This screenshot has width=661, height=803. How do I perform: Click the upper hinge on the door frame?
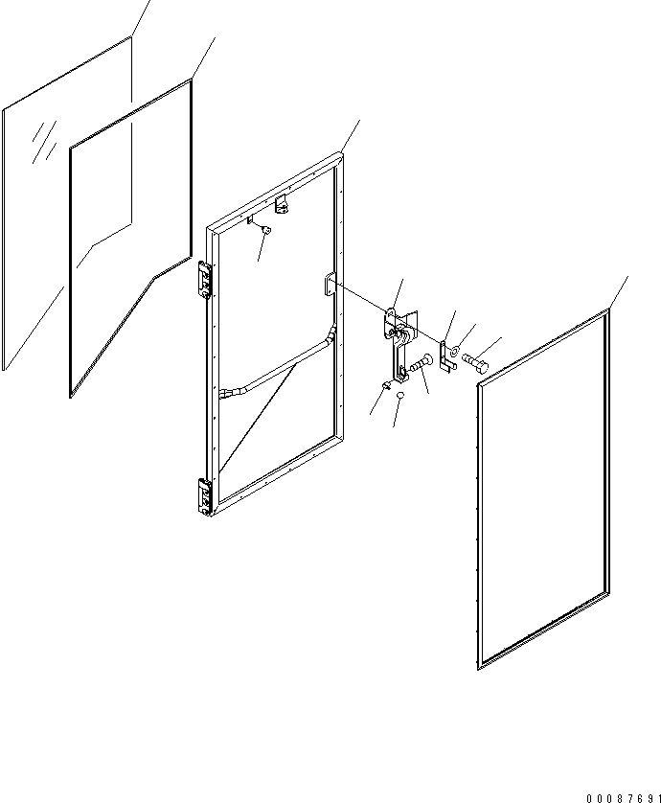pos(205,279)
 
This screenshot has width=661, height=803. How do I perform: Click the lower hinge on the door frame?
pos(204,496)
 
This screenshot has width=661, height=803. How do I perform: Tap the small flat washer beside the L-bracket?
pos(455,352)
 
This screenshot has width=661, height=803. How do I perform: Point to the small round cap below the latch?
pos(400,396)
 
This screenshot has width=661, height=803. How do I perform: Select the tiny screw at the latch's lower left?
pos(388,384)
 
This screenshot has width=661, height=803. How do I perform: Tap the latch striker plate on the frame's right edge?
pos(330,285)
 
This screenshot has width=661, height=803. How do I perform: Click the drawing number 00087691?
pos(623,798)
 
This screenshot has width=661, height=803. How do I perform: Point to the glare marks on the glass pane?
pos(44,142)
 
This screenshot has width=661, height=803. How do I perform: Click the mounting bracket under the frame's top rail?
pos(282,204)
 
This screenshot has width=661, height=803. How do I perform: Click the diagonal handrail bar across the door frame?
pos(278,365)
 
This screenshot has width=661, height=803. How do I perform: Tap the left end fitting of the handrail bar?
pos(228,393)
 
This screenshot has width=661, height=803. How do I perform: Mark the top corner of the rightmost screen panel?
pos(609,310)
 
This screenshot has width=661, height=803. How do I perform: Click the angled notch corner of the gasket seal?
pos(155,277)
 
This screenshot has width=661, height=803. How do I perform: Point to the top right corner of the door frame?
pos(341,152)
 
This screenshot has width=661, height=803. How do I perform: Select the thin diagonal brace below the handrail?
pos(258,418)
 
